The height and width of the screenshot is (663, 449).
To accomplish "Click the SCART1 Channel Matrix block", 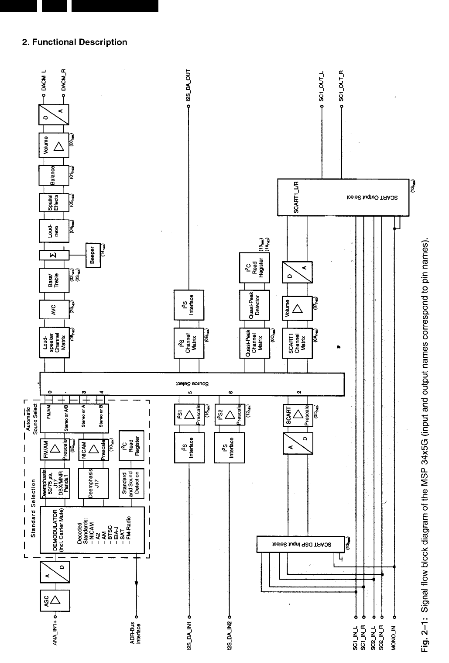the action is click(298, 343).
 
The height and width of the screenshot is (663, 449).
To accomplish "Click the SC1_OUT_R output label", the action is click(342, 86).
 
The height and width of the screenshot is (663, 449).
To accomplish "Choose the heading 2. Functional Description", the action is click(75, 42).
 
